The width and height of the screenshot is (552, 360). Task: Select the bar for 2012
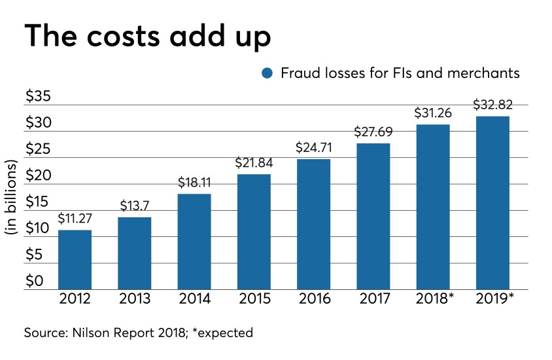click(75, 259)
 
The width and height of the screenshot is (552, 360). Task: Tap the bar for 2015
click(254, 231)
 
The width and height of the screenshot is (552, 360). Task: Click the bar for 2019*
click(492, 202)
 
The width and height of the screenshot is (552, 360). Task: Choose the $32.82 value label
click(492, 105)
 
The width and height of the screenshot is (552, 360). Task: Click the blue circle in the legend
click(267, 73)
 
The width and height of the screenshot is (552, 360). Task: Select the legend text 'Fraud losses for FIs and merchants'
click(400, 73)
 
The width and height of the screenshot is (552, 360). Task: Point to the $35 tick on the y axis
click(37, 96)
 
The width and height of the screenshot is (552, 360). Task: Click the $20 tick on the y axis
click(37, 175)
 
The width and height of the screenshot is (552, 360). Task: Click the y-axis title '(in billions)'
click(12, 196)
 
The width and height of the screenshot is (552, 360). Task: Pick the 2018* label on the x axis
click(434, 300)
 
